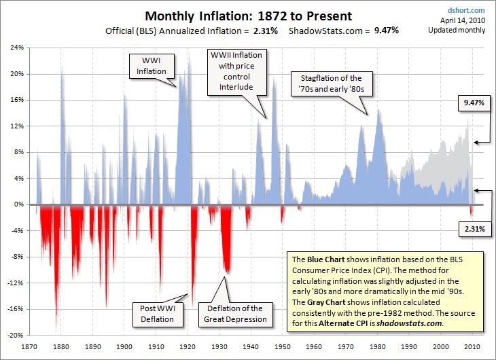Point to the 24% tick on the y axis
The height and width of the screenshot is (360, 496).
(x=16, y=48)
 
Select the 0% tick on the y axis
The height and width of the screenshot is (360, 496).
(x=18, y=204)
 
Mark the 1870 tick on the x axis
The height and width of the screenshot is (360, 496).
(x=30, y=345)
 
